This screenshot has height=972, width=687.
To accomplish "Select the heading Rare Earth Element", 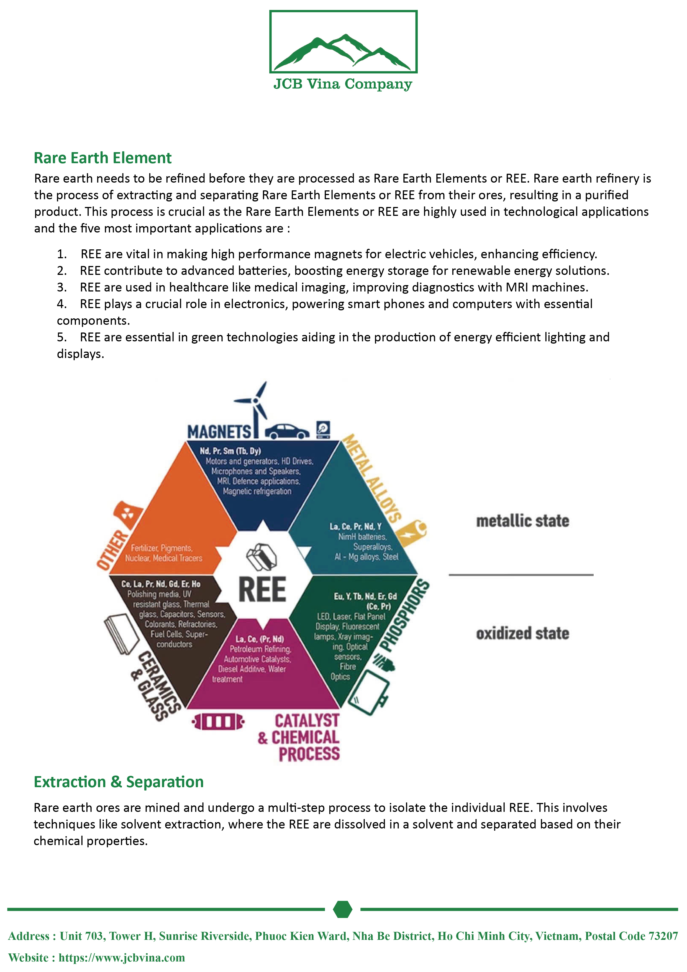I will tap(102, 158).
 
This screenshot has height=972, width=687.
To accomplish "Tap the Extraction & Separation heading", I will tap(119, 782).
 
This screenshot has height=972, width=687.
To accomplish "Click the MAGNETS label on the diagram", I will tap(219, 432).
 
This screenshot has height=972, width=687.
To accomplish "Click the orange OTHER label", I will tap(112, 549).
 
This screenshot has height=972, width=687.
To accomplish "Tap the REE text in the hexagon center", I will tap(262, 589).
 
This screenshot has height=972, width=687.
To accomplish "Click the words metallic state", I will tap(522, 521).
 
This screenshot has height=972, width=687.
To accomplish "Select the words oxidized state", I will tap(522, 634).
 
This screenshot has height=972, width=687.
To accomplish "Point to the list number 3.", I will tap(62, 287).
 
